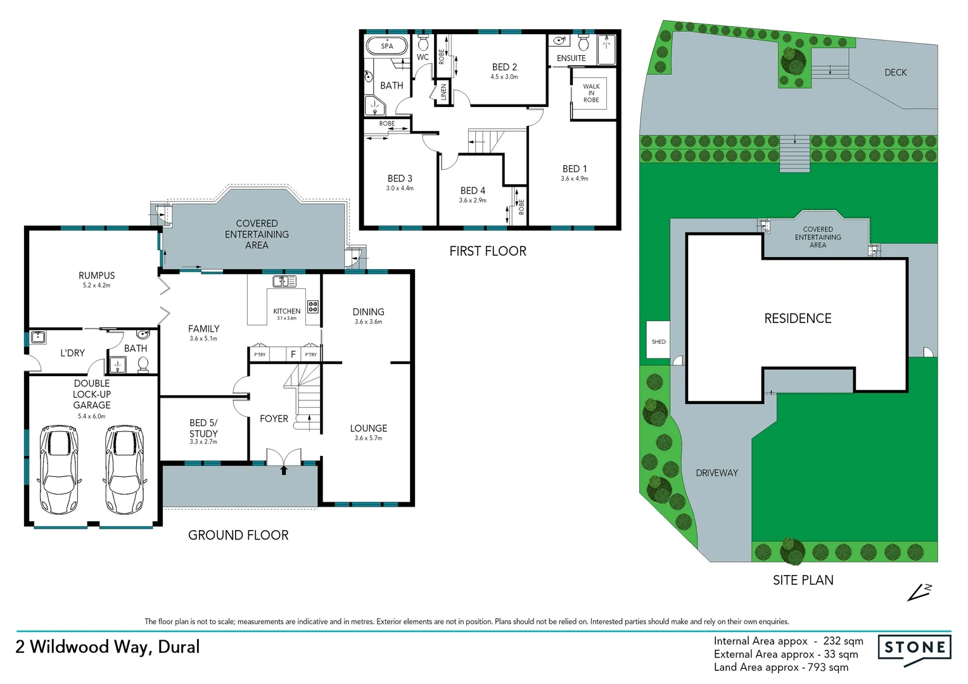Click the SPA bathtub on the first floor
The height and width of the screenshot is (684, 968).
[x=386, y=46]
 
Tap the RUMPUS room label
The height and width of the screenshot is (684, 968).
[x=97, y=275]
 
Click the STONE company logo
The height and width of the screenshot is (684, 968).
[x=914, y=648]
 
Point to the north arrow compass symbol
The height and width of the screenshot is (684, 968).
[x=919, y=592]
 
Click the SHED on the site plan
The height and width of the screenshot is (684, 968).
[x=658, y=341]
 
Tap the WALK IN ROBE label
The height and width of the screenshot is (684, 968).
[x=591, y=93]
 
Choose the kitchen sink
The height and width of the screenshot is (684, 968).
[x=284, y=281]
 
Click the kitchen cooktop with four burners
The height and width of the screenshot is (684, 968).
[x=312, y=307]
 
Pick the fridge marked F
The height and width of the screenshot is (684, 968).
[x=293, y=355]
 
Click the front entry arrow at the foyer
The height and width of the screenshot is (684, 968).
[x=284, y=470]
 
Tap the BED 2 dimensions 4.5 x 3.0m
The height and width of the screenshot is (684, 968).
[x=504, y=77]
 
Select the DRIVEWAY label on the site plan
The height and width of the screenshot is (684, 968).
[x=716, y=473]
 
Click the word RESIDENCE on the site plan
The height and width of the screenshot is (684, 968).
[x=798, y=319]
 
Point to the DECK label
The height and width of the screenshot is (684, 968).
[x=895, y=73]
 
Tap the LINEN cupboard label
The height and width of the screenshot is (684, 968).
[x=443, y=92]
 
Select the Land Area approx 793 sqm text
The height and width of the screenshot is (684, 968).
[x=780, y=668]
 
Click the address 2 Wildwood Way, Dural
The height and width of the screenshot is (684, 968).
[x=108, y=647]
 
